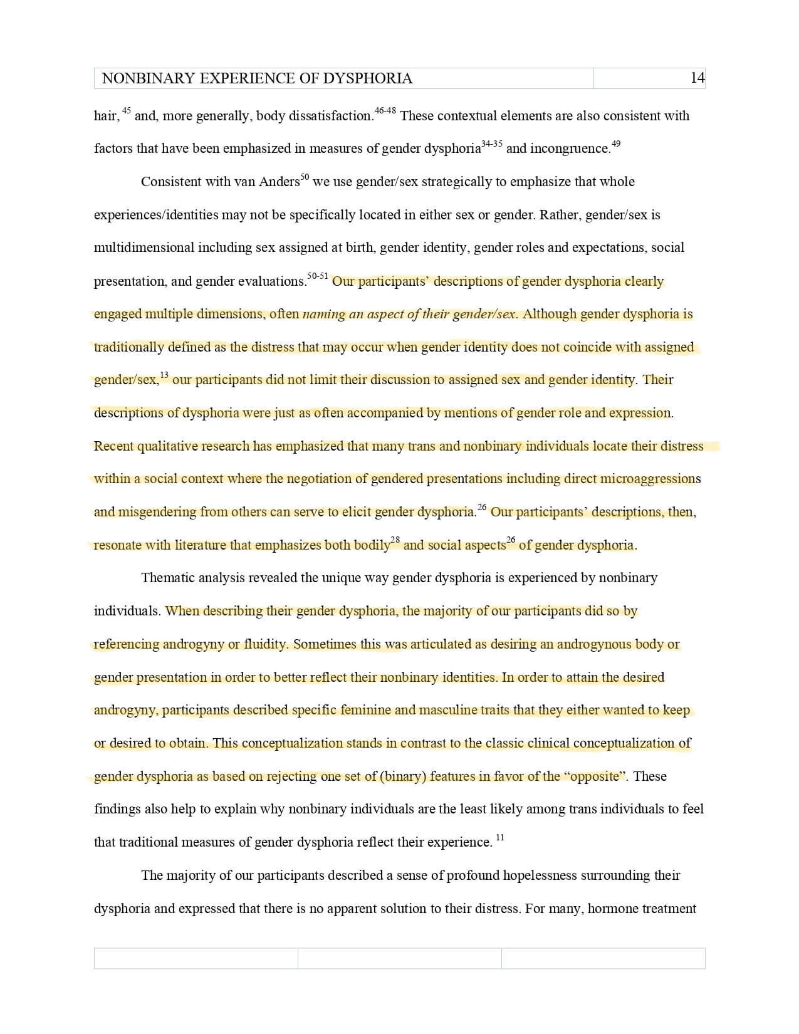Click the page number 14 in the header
tap(697, 78)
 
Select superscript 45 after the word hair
tap(127, 111)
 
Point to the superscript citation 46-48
tap(385, 111)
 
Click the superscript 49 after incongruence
tap(616, 144)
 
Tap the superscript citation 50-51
tap(318, 276)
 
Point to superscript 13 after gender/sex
tap(164, 375)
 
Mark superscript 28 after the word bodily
tap(395, 540)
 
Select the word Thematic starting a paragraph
tap(168, 578)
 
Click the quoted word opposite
tap(595, 776)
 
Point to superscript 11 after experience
tap(499, 837)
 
